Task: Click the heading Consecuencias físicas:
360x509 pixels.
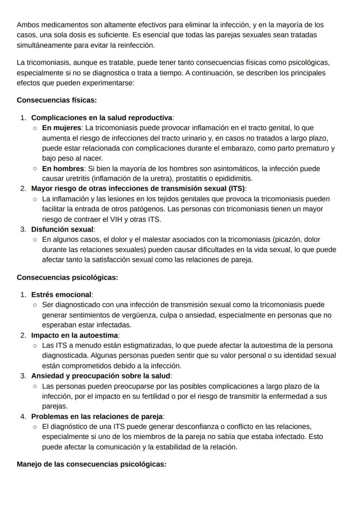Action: [x=57, y=100]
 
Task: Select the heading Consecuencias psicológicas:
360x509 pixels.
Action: [x=67, y=277]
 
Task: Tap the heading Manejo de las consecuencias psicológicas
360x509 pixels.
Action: [x=91, y=464]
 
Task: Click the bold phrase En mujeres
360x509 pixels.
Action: [x=62, y=128]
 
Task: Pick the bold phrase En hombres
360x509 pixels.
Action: [x=63, y=168]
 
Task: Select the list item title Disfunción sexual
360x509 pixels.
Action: [x=62, y=229]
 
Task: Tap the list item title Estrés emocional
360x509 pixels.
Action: [x=61, y=295]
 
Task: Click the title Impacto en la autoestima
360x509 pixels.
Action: [x=74, y=335]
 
